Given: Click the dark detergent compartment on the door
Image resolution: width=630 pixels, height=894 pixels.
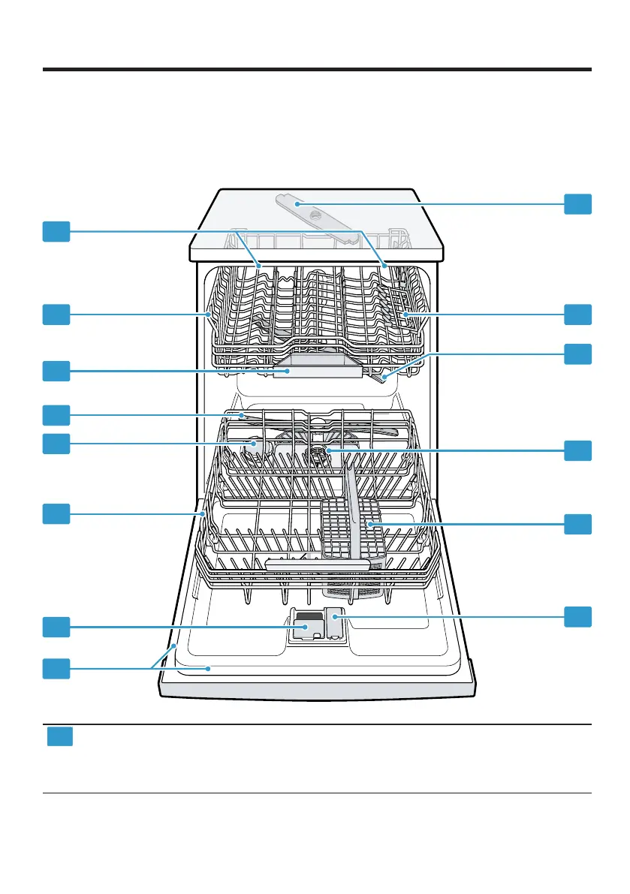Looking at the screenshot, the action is (x=306, y=627).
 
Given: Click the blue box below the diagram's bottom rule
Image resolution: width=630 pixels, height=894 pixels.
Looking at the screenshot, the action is (x=60, y=736).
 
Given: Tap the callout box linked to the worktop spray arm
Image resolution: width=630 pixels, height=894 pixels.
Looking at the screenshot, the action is (x=577, y=203).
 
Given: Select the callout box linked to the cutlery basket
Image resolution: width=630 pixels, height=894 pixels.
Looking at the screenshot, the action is (x=577, y=523).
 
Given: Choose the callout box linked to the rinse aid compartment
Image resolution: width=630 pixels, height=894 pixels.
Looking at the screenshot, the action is (x=577, y=617).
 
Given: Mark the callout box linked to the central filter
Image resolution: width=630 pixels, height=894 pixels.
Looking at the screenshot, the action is (x=577, y=450).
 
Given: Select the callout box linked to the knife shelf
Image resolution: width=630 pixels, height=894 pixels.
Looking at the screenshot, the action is (x=577, y=315).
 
